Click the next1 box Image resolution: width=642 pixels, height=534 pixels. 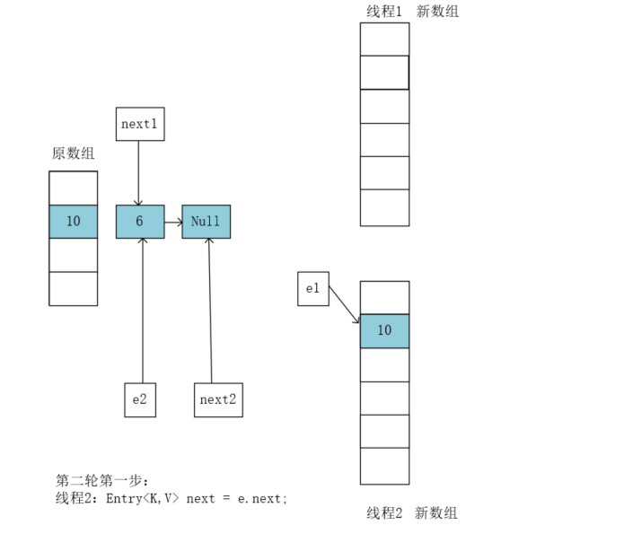[140, 124]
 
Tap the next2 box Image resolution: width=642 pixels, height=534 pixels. [218, 399]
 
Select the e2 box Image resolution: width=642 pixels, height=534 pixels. [140, 399]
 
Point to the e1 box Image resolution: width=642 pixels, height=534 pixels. [313, 288]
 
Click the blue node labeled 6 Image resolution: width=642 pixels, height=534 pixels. [140, 222]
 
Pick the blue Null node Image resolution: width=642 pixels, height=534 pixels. [206, 222]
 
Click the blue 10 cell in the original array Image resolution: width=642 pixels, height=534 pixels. [73, 222]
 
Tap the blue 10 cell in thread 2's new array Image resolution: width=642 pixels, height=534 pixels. [384, 331]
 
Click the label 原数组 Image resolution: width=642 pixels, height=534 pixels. [73, 153]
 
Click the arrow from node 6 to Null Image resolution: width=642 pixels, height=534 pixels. [172, 222]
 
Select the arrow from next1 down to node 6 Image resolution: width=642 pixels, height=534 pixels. [138, 172]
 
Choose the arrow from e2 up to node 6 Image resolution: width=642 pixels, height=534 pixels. [142, 310]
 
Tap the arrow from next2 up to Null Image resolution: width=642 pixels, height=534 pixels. [210, 310]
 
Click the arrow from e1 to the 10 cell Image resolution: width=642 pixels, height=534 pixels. [344, 304]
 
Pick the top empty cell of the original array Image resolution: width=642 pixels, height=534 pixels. [73, 188]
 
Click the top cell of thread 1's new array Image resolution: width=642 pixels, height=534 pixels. [384, 39]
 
